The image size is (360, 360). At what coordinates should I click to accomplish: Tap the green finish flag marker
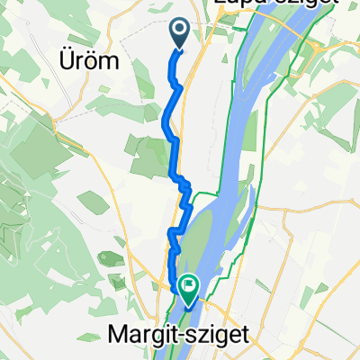pos(189,290)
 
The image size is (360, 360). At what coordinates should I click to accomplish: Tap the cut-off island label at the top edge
pos(274,4)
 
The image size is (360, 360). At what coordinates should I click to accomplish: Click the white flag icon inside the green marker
pos(189,288)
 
